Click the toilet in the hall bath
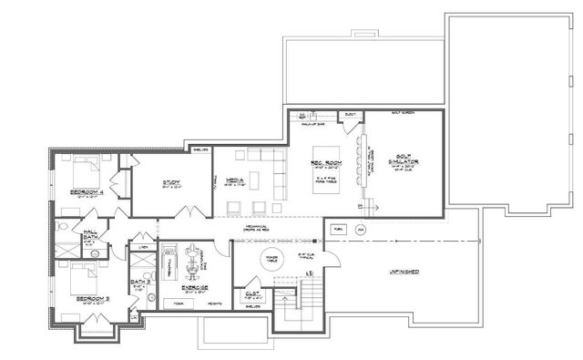click(64, 225)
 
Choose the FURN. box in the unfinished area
click(339, 230)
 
